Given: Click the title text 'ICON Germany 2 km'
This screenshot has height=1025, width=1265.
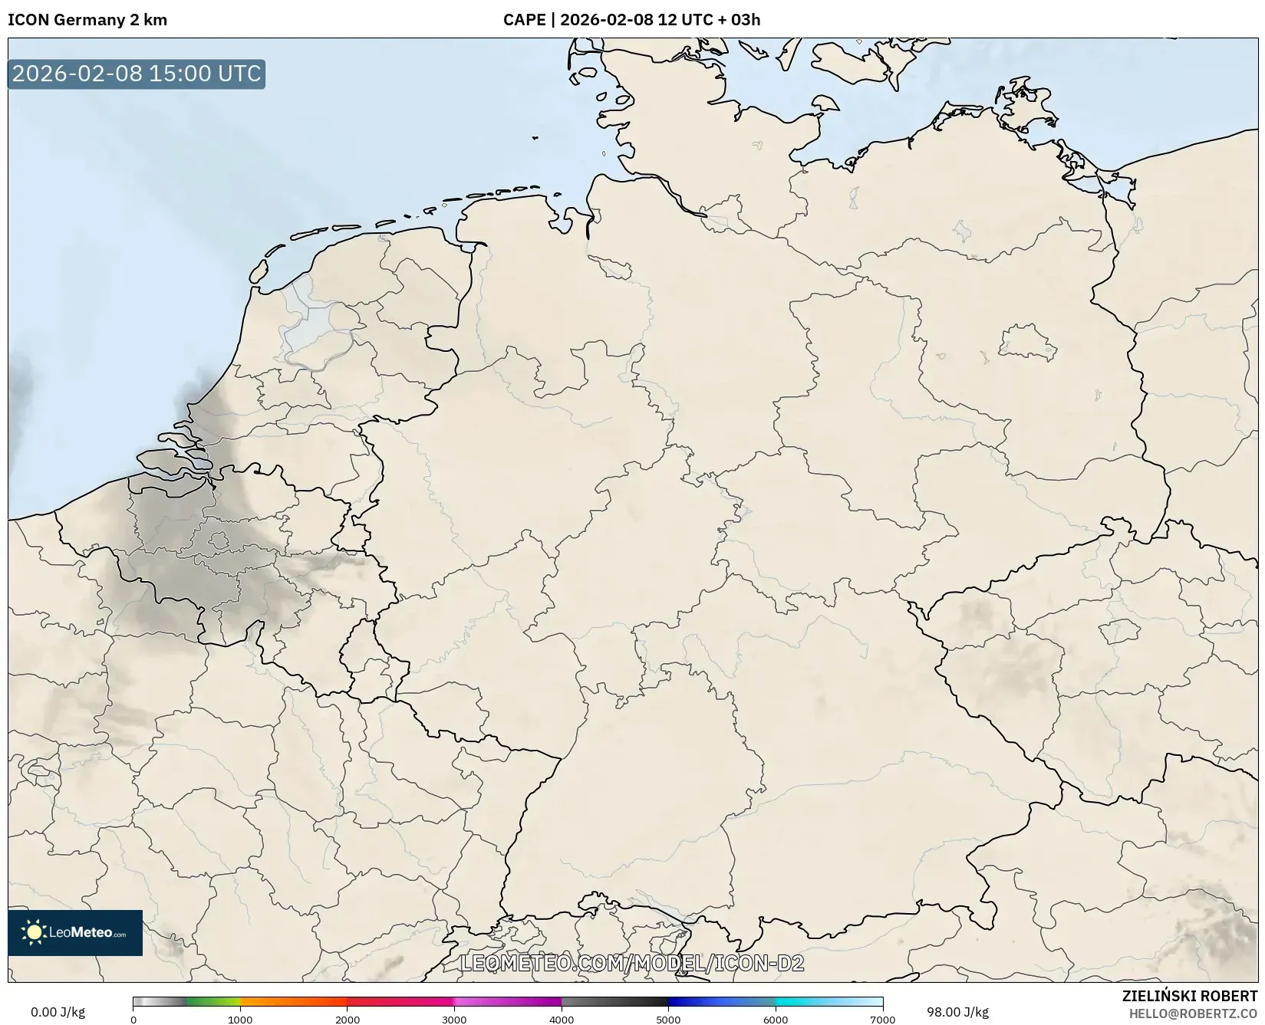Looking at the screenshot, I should point(87,20).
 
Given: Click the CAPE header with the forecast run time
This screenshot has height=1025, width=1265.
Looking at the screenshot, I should point(631,20).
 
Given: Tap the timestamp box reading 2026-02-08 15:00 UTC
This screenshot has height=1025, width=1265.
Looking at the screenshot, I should point(137,74).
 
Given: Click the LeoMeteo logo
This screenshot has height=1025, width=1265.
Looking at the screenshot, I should point(75,932).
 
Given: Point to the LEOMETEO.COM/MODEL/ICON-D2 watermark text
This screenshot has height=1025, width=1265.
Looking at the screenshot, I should point(631,963).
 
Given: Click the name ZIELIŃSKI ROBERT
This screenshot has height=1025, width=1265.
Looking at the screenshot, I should point(1190,997).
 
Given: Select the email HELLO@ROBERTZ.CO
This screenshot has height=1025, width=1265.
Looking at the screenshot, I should point(1193,1014).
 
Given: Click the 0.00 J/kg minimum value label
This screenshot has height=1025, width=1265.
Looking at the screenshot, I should point(58,1012).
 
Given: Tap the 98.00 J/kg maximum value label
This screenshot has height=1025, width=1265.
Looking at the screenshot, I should point(957,1012).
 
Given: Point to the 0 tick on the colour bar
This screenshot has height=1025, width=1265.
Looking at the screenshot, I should point(133,1020).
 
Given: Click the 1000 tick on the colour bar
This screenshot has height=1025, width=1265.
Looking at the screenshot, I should point(240,1020).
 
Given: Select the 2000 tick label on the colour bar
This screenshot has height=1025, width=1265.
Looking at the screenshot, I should point(348,1020).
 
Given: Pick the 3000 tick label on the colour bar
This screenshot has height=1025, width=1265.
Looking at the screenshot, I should point(454,1020).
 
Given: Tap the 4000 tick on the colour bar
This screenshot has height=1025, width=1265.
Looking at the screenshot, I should point(562,1020).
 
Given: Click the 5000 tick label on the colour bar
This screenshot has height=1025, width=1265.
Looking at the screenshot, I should point(668,1020).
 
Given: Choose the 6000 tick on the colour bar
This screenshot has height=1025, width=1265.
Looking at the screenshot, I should point(776,1020).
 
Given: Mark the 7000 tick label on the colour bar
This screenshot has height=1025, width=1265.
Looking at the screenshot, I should point(882,1020).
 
